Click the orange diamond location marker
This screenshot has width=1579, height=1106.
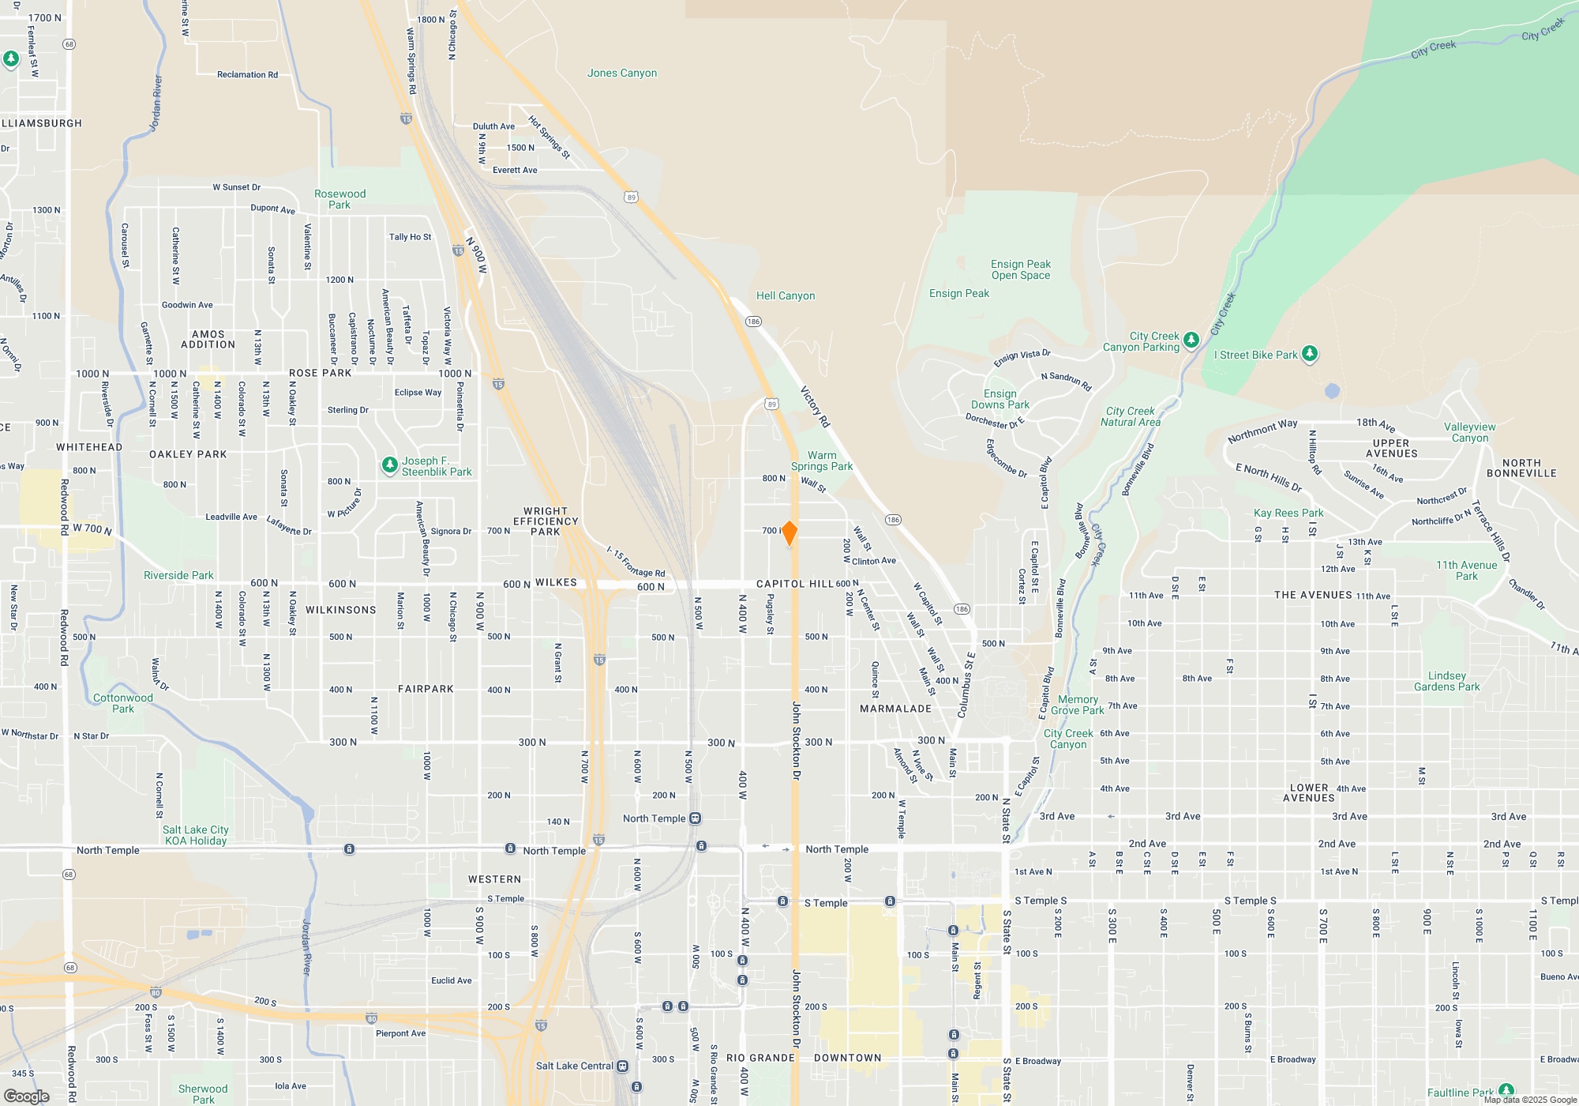click(x=789, y=532)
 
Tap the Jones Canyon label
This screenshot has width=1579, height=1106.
click(x=622, y=73)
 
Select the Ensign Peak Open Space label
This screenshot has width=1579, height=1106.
click(x=1021, y=270)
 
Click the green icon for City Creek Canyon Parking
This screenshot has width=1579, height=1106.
click(x=1191, y=340)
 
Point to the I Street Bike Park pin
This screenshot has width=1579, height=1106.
click(x=1310, y=353)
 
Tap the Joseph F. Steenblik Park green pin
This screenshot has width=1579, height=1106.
click(x=389, y=465)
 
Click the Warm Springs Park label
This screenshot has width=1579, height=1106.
click(x=822, y=461)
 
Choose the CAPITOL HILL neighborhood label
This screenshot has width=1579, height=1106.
click(x=794, y=584)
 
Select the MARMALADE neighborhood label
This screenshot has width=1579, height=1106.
click(x=895, y=709)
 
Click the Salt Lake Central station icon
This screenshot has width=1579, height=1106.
click(x=623, y=1066)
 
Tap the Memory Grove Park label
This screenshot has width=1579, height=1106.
click(x=1078, y=705)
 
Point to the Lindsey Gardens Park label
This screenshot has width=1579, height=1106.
click(x=1446, y=682)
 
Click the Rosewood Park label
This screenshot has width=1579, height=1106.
click(x=339, y=199)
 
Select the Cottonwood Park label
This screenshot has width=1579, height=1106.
click(x=123, y=703)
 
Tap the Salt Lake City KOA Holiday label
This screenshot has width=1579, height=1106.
click(x=196, y=835)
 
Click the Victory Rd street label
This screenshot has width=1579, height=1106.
click(x=816, y=407)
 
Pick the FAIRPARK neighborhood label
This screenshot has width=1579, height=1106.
click(x=426, y=689)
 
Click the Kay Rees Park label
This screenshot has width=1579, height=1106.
click(x=1288, y=513)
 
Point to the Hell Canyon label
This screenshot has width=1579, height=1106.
click(x=786, y=295)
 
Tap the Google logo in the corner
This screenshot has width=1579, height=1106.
click(x=27, y=1096)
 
